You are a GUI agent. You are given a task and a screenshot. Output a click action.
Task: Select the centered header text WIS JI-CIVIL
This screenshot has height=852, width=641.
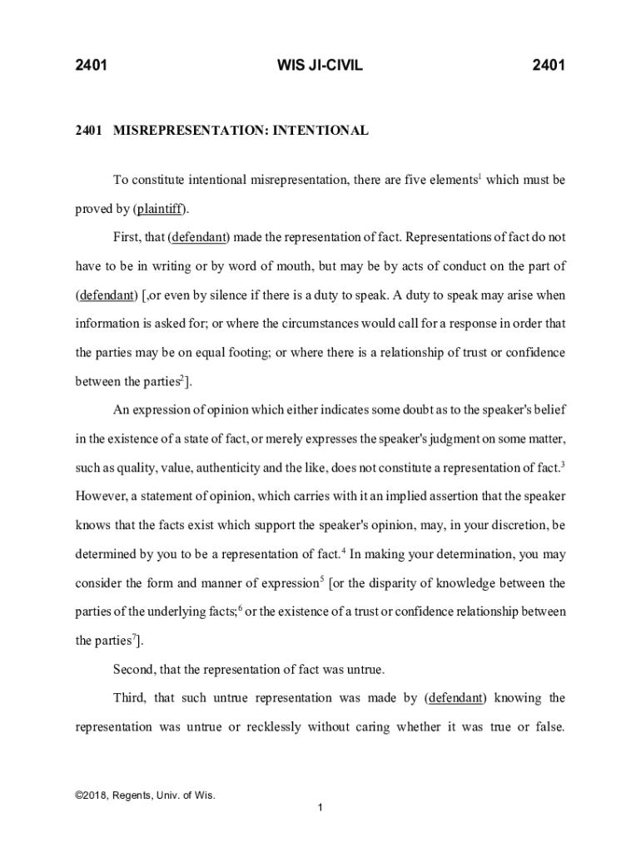click(x=320, y=65)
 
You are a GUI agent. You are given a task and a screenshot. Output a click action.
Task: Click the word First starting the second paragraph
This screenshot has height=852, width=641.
click(x=127, y=237)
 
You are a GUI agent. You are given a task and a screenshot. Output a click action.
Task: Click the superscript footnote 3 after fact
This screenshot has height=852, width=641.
click(x=564, y=463)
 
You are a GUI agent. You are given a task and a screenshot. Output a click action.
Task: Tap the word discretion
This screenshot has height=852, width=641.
click(x=490, y=526)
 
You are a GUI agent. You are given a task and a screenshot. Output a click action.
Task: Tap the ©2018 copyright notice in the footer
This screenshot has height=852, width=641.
click(x=146, y=795)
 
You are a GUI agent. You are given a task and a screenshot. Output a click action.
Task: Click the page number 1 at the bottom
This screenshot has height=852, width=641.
click(x=320, y=808)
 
